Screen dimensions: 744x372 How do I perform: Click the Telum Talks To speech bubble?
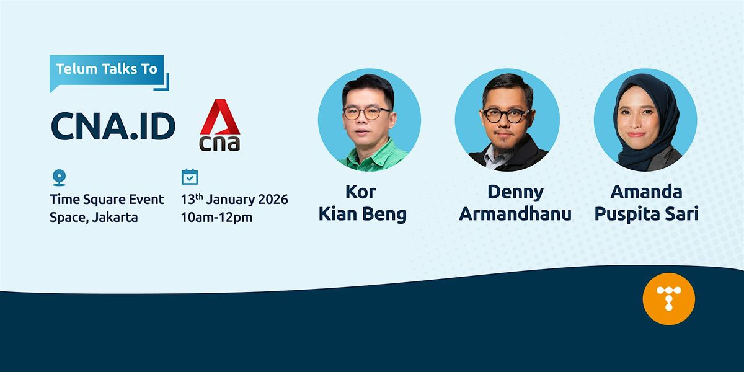[x=107, y=71]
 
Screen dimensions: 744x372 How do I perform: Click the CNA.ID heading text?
[x=113, y=126]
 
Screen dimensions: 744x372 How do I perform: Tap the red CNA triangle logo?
[x=219, y=117]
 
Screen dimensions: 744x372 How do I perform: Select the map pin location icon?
[x=59, y=178]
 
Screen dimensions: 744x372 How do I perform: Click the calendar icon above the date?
[x=190, y=177]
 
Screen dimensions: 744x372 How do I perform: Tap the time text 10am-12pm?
[x=216, y=217]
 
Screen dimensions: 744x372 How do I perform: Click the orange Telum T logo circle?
[x=668, y=299]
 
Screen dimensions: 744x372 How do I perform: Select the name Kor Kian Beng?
[x=362, y=203]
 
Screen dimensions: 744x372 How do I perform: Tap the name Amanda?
[x=646, y=192]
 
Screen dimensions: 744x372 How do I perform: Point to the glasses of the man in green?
[x=366, y=113]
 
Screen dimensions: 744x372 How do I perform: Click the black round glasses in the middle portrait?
[x=505, y=115]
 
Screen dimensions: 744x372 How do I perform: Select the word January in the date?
[x=231, y=200]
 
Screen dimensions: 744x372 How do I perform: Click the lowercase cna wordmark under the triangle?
[x=219, y=143]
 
